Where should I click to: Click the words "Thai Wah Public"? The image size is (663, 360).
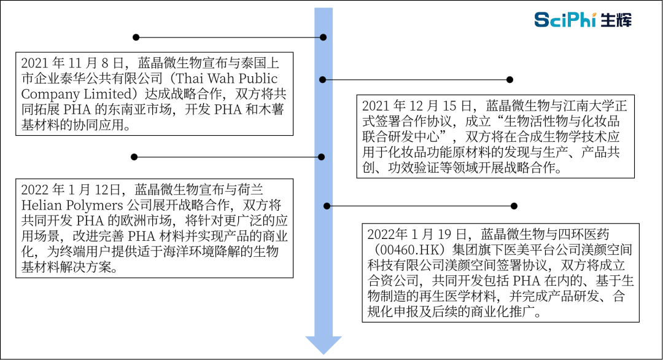226,78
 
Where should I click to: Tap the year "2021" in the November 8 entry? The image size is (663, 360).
35,63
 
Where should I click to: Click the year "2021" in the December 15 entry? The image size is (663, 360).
376,106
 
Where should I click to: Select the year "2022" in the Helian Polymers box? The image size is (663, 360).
35,190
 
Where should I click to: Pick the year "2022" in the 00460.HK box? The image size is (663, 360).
381,234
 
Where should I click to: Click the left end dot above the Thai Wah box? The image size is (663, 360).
136,37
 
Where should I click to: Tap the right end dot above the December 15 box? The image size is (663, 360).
510,79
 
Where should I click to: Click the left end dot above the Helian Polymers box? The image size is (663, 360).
134,157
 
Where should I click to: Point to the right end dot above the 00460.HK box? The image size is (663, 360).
514,206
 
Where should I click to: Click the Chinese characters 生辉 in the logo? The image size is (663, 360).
616,20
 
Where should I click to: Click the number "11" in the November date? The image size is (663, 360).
74,63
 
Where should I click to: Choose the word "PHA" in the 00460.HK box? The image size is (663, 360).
527,281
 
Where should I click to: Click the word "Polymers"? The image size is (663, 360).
96,206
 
